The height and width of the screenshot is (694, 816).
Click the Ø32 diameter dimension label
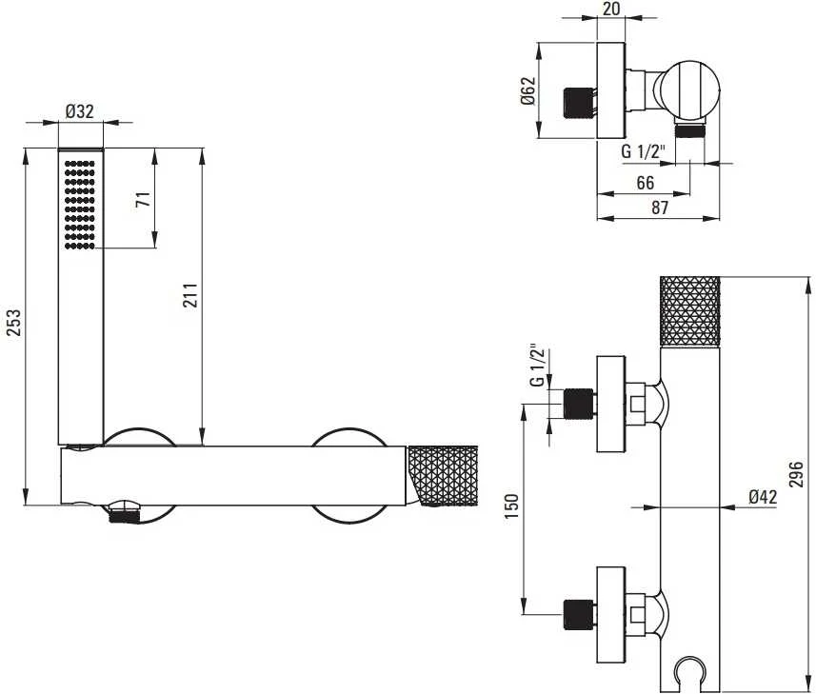tap(80, 110)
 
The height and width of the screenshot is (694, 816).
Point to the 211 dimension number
tap(190, 295)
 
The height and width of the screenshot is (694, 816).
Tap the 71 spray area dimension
tap(143, 199)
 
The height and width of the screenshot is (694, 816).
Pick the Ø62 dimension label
tap(527, 91)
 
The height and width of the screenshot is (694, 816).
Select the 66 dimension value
tap(645, 183)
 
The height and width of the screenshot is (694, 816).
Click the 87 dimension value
tap(659, 207)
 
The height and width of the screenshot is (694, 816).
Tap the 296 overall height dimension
tap(796, 474)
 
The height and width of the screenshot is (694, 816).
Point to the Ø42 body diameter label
tap(763, 497)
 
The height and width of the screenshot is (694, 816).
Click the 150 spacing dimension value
tap(511, 506)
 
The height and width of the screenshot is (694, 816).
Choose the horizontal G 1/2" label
tap(644, 152)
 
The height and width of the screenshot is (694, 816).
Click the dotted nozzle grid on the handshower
tap(80, 205)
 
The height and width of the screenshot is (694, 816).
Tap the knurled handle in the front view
tap(443, 475)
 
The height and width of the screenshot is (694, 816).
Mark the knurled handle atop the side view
tap(690, 311)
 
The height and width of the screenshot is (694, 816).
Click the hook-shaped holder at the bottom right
tap(690, 673)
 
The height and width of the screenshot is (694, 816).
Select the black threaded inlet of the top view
tap(579, 103)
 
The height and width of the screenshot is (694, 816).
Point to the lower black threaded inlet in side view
tap(579, 615)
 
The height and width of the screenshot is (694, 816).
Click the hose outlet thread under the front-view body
tap(125, 515)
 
